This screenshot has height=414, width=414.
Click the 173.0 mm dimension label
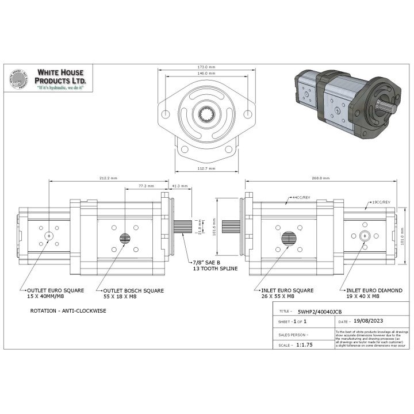[206, 67]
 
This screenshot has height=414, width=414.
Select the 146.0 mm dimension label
[206, 74]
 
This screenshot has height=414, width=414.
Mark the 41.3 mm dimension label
[180, 186]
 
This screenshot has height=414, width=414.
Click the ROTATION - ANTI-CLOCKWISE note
[68, 310]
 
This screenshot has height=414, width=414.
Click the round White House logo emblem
[18, 80]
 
